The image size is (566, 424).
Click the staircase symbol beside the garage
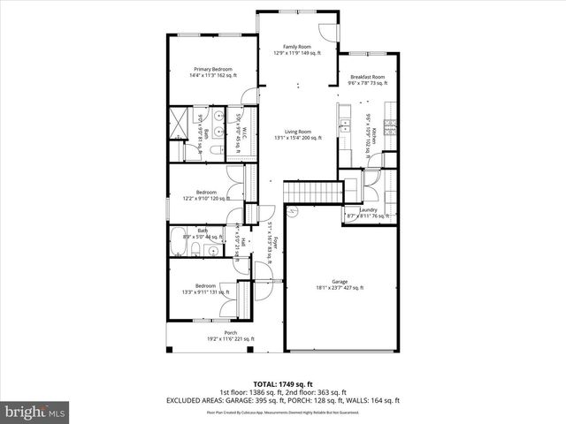pyautogui.click(x=312, y=193)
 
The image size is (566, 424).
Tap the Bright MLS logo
pyautogui.click(x=35, y=411)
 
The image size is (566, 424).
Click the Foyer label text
pyautogui.click(x=273, y=243)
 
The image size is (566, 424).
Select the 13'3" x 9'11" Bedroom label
pyautogui.click(x=205, y=289)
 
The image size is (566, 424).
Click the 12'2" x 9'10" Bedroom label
pyautogui.click(x=205, y=195)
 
